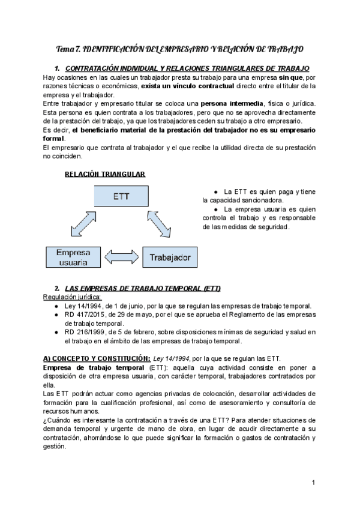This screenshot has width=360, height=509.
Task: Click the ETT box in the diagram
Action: point(118,197)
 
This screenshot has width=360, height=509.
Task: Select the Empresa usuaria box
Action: point(70,258)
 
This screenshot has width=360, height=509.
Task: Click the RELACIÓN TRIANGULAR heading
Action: point(104,174)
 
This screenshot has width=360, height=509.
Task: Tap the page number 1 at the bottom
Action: point(314,483)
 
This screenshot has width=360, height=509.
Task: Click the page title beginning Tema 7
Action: point(179,48)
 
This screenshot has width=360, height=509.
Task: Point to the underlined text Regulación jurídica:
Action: point(73,297)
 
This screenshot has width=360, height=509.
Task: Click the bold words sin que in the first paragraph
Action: point(290,78)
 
